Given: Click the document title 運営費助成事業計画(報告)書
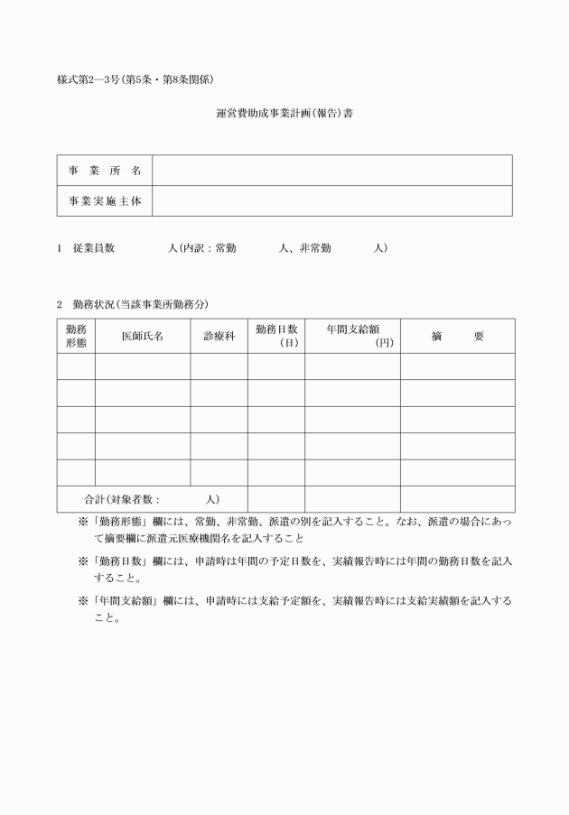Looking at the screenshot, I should pyautogui.click(x=284, y=115).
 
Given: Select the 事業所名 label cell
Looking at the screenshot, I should pyautogui.click(x=105, y=171).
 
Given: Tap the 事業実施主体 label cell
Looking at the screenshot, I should pyautogui.click(x=105, y=201).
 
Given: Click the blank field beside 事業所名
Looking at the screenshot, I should pyautogui.click(x=331, y=171).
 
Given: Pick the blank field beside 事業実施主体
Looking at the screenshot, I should pyautogui.click(x=331, y=201).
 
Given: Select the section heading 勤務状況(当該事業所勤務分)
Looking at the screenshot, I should pyautogui.click(x=140, y=304).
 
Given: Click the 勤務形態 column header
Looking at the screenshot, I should pyautogui.click(x=76, y=336).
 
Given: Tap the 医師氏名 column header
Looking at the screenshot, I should pyautogui.click(x=143, y=336).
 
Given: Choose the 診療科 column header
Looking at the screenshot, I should pyautogui.click(x=219, y=336).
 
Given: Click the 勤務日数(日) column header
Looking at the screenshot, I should pyautogui.click(x=276, y=336).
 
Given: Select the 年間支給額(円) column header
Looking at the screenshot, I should pyautogui.click(x=352, y=336).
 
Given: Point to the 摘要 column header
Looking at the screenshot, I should pyautogui.click(x=457, y=336).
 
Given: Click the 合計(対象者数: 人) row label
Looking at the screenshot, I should pyautogui.click(x=152, y=499).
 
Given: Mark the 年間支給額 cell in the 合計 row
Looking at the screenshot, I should pyautogui.click(x=352, y=499).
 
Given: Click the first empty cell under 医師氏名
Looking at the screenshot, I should pyautogui.click(x=143, y=366).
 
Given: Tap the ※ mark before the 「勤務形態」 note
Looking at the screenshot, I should pyautogui.click(x=83, y=522).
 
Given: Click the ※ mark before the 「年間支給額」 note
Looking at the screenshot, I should pyautogui.click(x=83, y=600).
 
